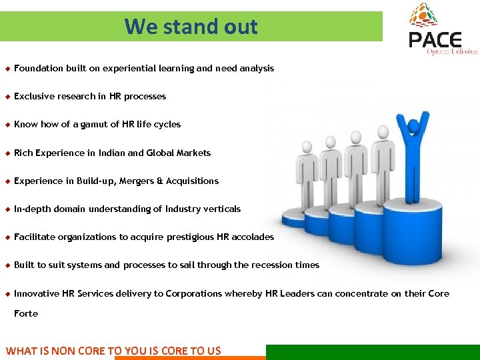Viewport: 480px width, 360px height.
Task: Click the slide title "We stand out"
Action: [x=191, y=27]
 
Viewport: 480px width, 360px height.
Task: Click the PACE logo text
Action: [x=435, y=40]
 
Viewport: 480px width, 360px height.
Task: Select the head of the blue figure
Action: [x=416, y=124]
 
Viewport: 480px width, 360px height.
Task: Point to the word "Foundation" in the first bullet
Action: [x=37, y=68]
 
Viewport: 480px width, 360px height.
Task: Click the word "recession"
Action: [x=269, y=265]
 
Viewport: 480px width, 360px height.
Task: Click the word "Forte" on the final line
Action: [x=26, y=313]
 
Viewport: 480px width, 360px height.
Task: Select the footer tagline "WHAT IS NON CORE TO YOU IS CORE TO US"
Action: [x=113, y=350]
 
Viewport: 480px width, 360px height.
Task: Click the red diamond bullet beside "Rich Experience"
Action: [x=7, y=153]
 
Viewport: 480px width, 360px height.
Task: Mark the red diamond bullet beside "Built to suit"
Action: [x=7, y=265]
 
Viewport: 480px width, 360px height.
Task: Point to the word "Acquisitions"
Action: [x=192, y=181]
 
